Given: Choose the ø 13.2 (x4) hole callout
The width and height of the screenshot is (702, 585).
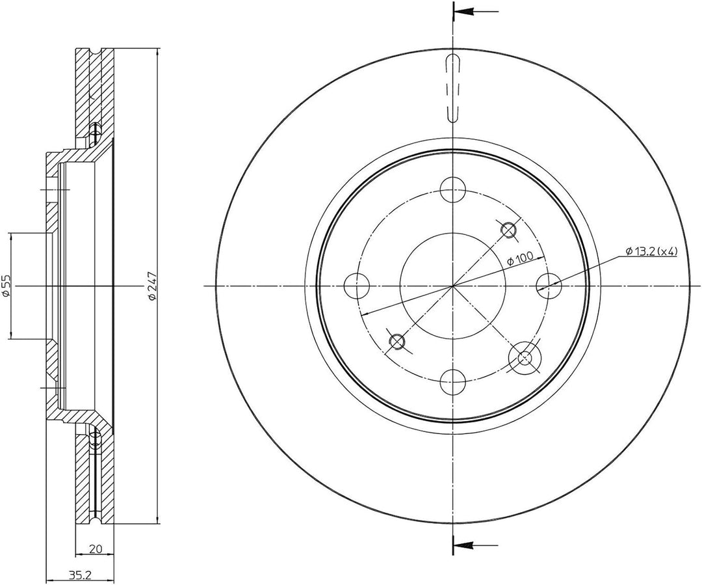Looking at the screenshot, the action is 651,251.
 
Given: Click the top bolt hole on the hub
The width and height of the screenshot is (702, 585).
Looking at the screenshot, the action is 452,189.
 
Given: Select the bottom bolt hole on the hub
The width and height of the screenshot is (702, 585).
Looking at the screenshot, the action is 452,381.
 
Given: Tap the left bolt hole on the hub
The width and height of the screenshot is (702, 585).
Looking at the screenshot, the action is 357,286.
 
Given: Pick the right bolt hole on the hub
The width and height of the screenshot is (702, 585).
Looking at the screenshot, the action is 549,286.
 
